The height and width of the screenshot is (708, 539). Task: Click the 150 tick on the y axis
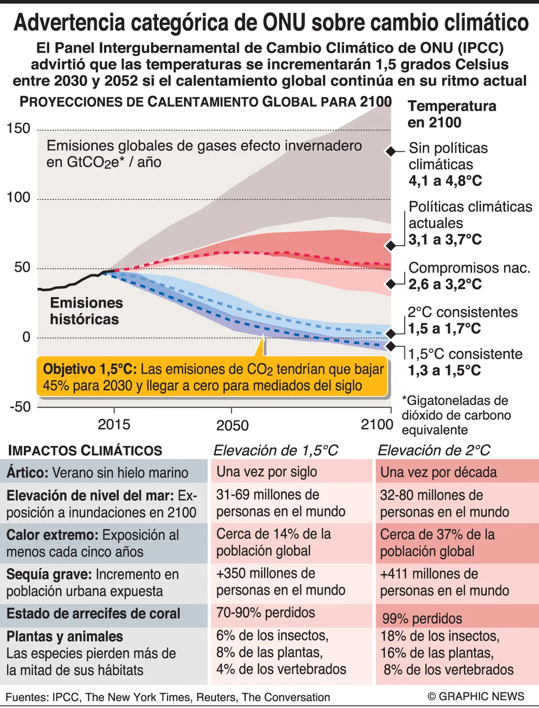pyautogui.click(x=18, y=128)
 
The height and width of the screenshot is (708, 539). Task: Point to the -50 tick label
pyautogui.click(x=20, y=407)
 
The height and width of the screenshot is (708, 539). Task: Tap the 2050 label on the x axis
pyautogui.click(x=232, y=425)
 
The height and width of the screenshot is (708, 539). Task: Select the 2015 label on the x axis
pyautogui.click(x=114, y=424)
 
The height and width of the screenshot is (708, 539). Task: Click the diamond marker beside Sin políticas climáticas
pyautogui.click(x=391, y=151)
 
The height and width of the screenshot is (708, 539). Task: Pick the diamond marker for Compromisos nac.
pyautogui.click(x=391, y=284)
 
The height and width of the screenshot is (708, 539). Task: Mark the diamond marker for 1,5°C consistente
pyautogui.click(x=391, y=346)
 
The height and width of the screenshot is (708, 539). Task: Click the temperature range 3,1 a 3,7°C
pyautogui.click(x=445, y=240)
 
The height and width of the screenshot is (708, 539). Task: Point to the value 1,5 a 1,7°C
pyautogui.click(x=444, y=329)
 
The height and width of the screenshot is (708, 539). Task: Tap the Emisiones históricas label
pyautogui.click(x=86, y=311)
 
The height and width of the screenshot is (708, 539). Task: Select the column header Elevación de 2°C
pyautogui.click(x=434, y=450)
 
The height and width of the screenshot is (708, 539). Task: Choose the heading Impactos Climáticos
pyautogui.click(x=85, y=450)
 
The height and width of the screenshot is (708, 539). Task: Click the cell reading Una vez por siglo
pyautogui.click(x=266, y=472)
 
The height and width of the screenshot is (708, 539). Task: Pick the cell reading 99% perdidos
pyautogui.click(x=422, y=618)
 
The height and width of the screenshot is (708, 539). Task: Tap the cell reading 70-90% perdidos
pyautogui.click(x=265, y=612)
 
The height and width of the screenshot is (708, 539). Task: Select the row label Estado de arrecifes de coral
pyautogui.click(x=93, y=613)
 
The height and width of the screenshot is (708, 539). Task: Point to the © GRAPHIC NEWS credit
pyautogui.click(x=476, y=696)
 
